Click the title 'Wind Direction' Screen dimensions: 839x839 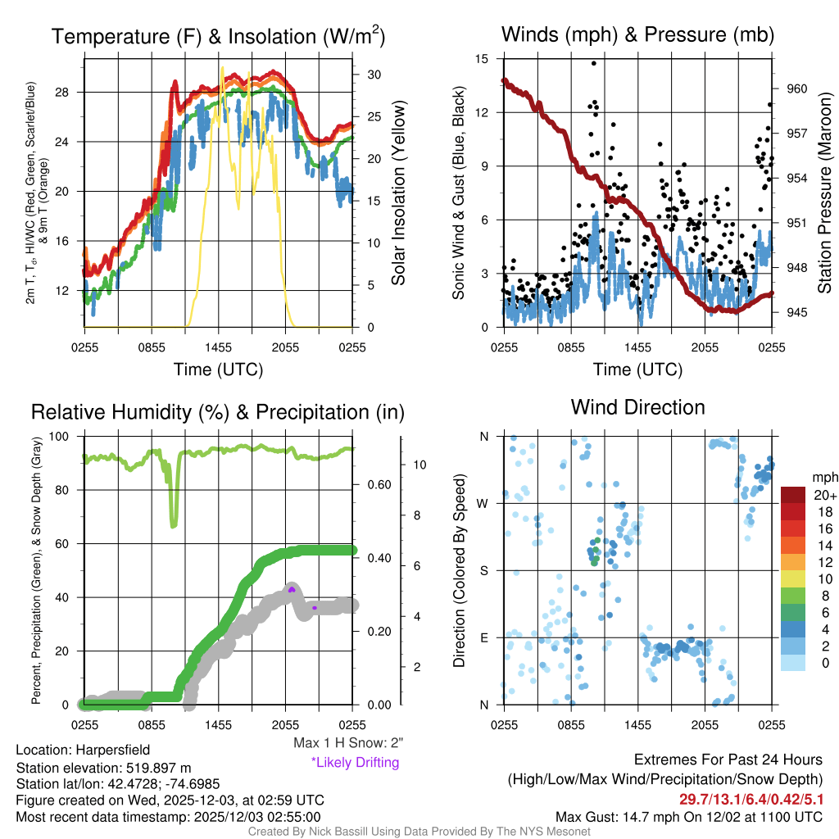tap(637, 407)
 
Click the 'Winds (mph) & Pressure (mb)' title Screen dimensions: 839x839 tap(637, 34)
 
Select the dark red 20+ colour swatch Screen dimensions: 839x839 tap(793, 495)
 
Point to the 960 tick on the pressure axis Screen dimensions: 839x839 tap(796, 88)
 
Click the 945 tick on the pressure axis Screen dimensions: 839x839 tap(796, 312)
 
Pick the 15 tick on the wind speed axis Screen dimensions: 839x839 tap(482, 59)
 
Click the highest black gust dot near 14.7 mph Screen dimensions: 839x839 tap(594, 63)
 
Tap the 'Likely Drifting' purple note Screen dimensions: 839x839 tap(355, 762)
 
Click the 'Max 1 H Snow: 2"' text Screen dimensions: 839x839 tap(348, 743)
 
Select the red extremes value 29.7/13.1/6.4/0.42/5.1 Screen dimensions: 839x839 tap(751, 799)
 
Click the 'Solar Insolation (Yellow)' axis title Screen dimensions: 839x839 tap(399, 193)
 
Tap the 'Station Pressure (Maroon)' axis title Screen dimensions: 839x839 tap(824, 193)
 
